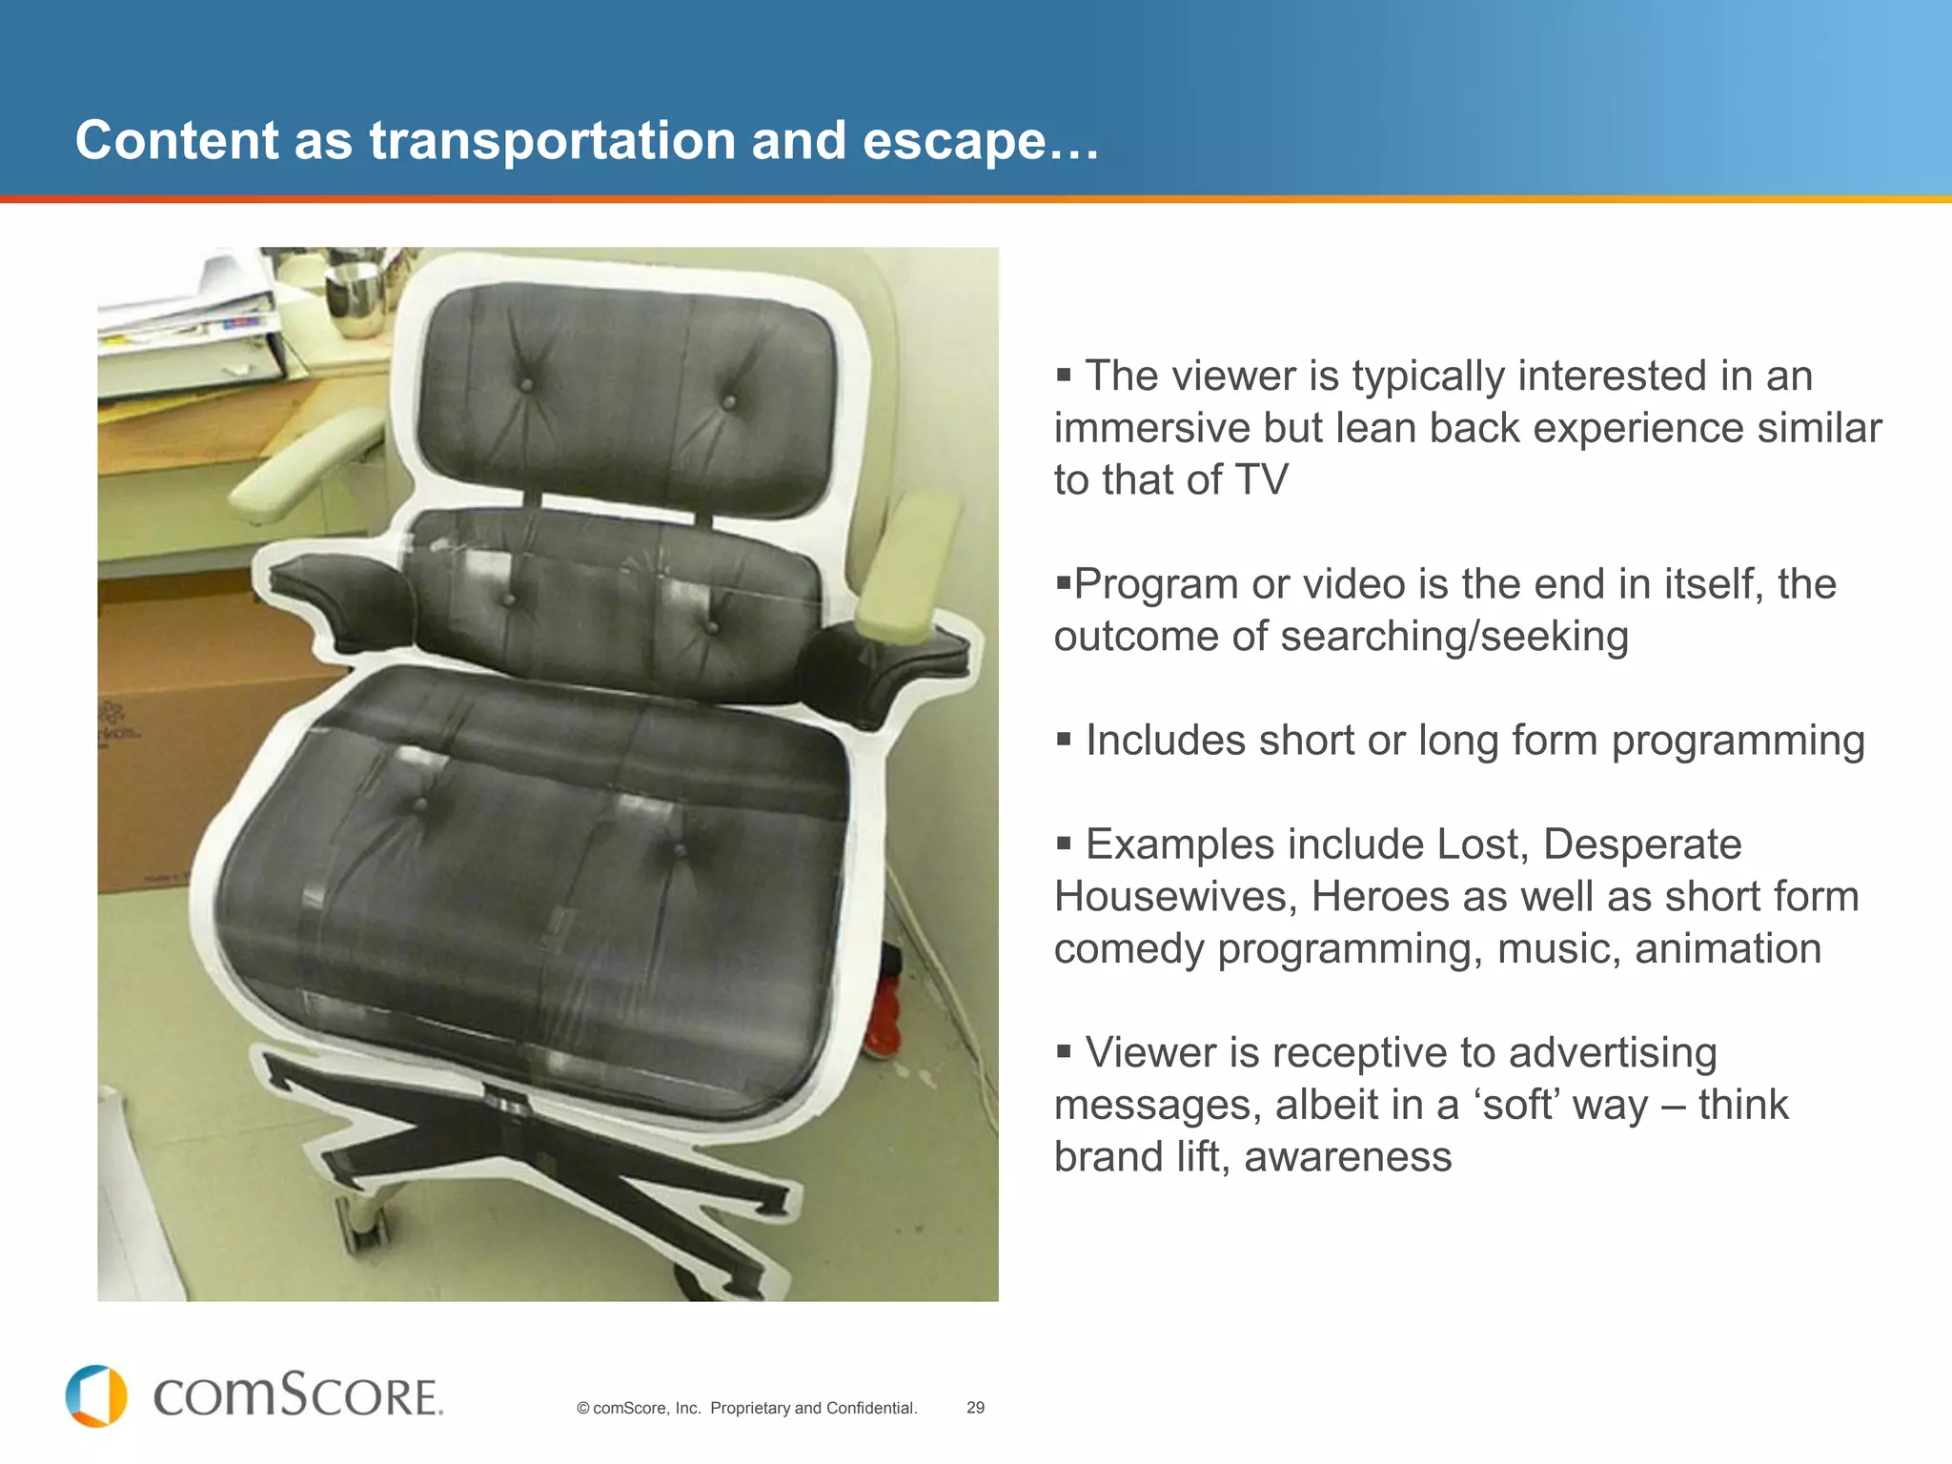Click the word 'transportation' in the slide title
point(552,141)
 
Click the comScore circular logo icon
point(95,1396)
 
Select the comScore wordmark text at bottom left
point(297,1396)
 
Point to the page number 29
point(975,1408)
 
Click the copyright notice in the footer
point(746,1408)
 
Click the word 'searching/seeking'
point(1454,637)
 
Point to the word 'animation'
point(1727,949)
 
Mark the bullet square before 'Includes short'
point(1064,740)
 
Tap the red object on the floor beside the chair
point(884,1010)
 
